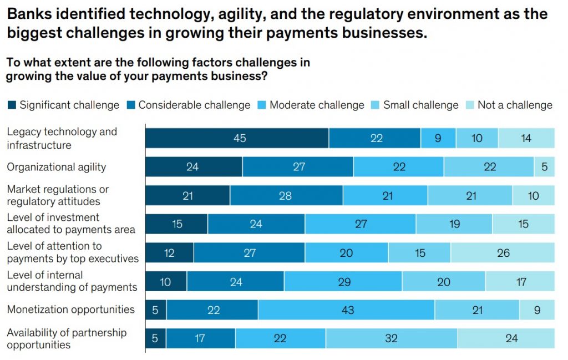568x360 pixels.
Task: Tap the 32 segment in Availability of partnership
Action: coord(391,338)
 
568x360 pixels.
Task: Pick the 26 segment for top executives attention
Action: coord(503,253)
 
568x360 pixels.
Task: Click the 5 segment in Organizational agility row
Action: coord(544,167)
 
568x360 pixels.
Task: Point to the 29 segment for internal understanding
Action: coord(343,282)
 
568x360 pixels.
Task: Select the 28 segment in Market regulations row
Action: coord(286,196)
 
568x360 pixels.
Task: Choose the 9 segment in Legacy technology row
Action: coord(438,138)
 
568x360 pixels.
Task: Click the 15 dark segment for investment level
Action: coord(176,224)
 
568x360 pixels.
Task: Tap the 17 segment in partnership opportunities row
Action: coord(200,338)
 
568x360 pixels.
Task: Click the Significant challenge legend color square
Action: coord(12,105)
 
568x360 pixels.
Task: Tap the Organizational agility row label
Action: coord(56,167)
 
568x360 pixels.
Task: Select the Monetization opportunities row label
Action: coord(70,310)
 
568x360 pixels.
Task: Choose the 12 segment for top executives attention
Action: coord(169,253)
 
